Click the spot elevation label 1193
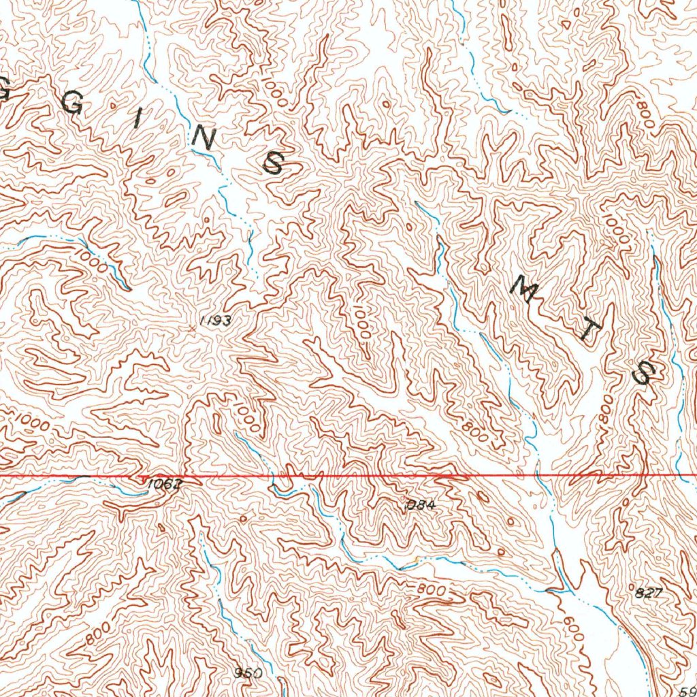tap(217, 321)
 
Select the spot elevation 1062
tap(164, 484)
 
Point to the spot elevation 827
tap(648, 592)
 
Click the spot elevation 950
tap(248, 672)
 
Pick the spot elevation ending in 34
tap(419, 505)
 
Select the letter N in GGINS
tap(201, 139)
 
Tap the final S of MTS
tap(643, 374)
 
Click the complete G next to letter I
tap(75, 103)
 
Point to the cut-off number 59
tap(687, 689)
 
